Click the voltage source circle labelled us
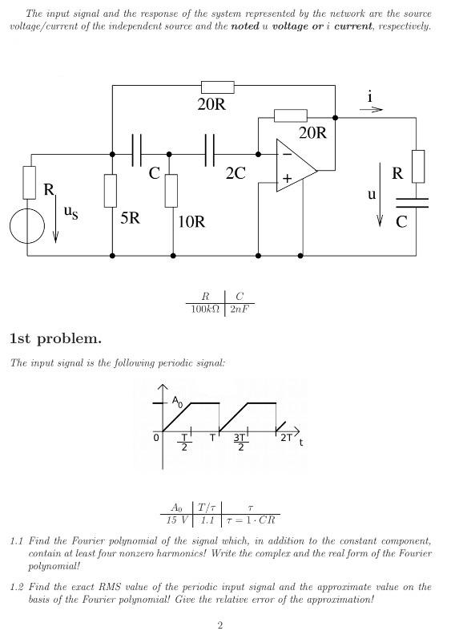(x=27, y=226)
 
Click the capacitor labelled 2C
(x=211, y=151)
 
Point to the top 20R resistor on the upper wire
(x=216, y=87)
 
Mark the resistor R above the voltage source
(x=29, y=182)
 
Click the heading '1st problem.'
(x=55, y=338)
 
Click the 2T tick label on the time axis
(x=286, y=439)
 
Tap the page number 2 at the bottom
(x=219, y=625)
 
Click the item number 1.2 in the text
(x=18, y=587)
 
